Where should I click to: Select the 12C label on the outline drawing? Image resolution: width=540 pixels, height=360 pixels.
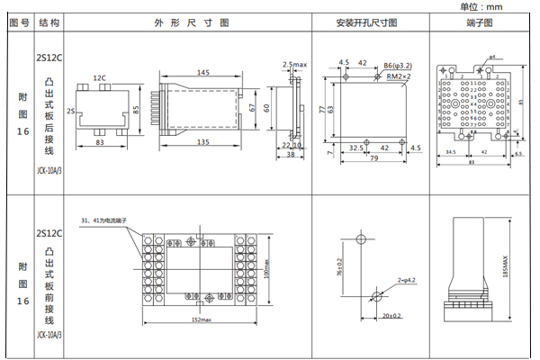[99, 78]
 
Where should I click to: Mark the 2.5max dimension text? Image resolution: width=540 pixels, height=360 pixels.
[295, 65]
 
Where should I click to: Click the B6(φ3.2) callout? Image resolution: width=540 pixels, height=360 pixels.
[396, 67]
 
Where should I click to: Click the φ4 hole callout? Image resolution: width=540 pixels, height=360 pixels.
[492, 57]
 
